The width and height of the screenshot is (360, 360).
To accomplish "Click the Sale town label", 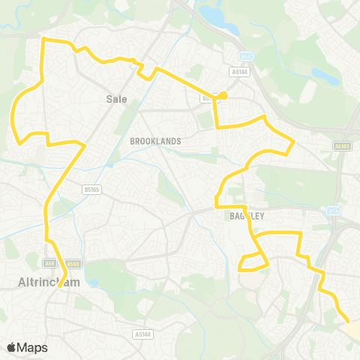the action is tap(117, 98).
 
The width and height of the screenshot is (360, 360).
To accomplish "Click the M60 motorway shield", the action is tap(244, 56).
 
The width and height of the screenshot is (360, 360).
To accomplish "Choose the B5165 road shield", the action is tap(92, 190).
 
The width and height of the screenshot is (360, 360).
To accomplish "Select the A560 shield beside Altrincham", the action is tap(73, 263).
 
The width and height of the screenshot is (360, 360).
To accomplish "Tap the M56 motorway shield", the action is tap(334, 211).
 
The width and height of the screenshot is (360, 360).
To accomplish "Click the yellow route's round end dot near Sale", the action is tap(223, 95).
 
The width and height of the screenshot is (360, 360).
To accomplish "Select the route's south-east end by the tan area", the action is tap(346, 321).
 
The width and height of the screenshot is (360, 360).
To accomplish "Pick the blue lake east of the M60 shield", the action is tap(325, 76).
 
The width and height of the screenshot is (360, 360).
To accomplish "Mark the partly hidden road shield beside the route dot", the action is tap(205, 97).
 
